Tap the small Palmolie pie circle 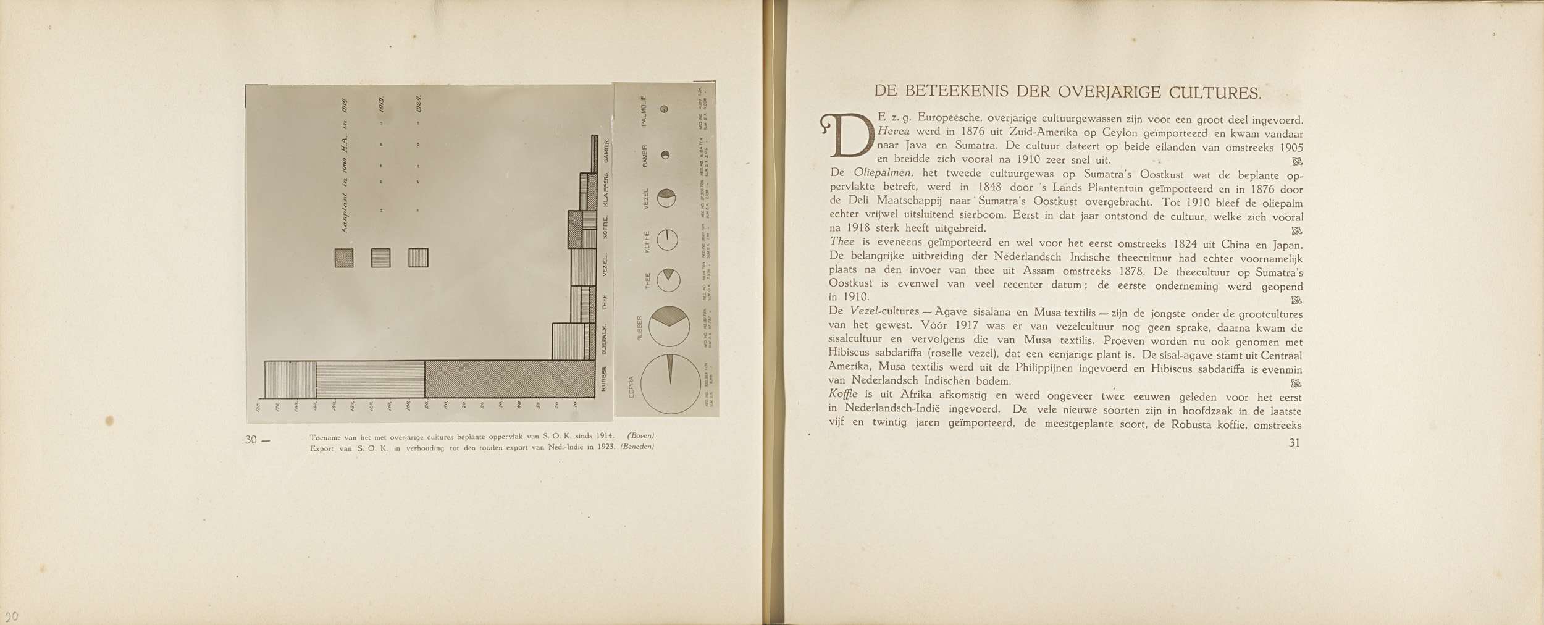tap(665, 109)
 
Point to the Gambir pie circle tap(665, 154)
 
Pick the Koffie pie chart tap(668, 240)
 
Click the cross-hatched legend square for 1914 tap(344, 258)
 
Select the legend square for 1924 tap(418, 258)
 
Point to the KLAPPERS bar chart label tap(606, 190)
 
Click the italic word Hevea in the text tap(891, 133)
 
